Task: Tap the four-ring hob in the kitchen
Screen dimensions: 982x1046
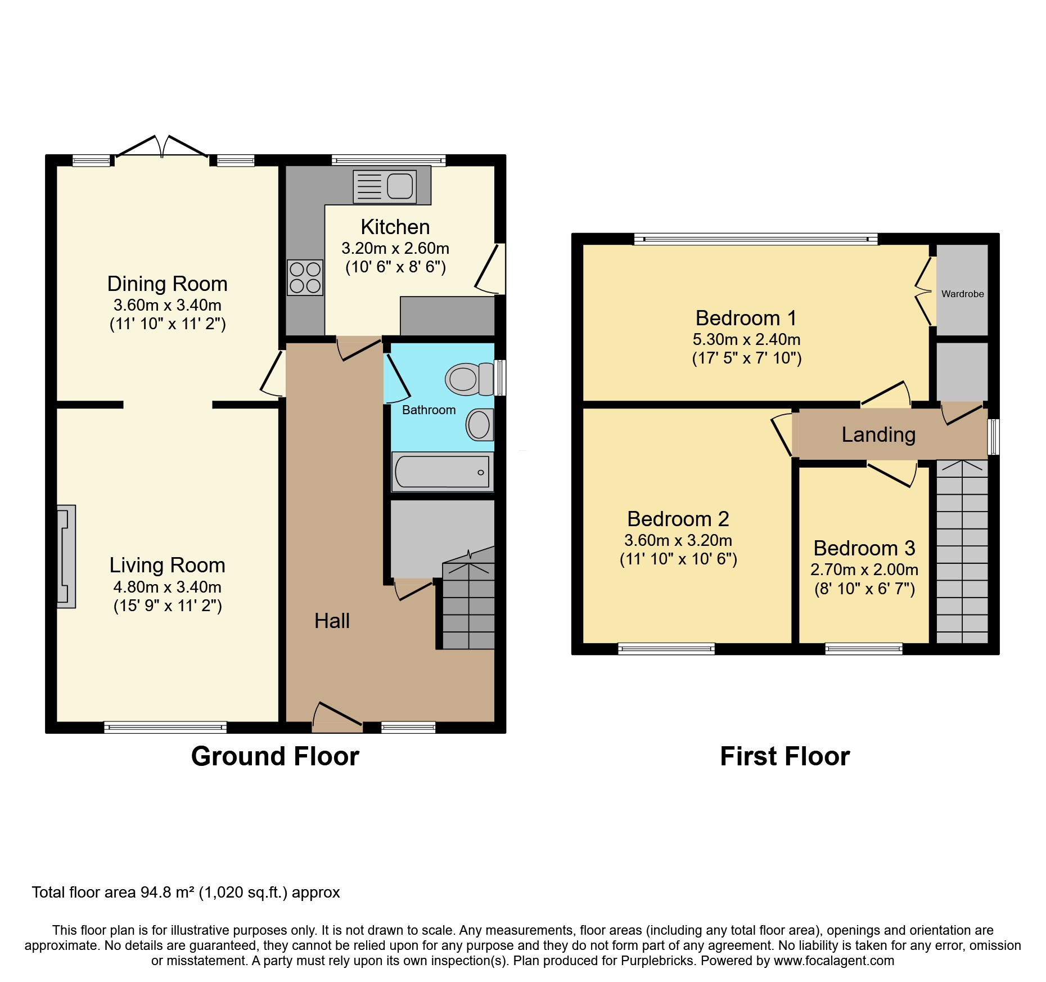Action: point(305,277)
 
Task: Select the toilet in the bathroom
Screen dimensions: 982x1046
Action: point(468,379)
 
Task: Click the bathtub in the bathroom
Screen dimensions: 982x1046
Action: point(442,472)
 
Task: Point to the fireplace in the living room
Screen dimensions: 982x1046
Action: point(66,556)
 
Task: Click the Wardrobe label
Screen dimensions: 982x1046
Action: point(962,294)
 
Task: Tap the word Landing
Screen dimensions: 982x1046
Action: point(878,434)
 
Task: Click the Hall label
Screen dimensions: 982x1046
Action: point(332,621)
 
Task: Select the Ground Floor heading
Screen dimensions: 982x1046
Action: point(275,756)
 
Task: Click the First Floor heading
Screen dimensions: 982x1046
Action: point(784,756)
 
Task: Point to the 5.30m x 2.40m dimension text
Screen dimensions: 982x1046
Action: point(746,339)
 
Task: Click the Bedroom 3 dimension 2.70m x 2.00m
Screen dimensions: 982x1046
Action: point(864,570)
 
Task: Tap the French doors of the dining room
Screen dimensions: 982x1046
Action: point(162,147)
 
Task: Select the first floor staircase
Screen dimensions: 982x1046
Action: point(962,551)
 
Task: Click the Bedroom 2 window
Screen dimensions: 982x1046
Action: point(666,649)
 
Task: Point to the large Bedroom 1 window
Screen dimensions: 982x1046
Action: point(755,239)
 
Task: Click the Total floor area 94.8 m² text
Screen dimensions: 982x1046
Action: point(186,893)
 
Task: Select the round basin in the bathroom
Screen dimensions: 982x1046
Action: point(479,424)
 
